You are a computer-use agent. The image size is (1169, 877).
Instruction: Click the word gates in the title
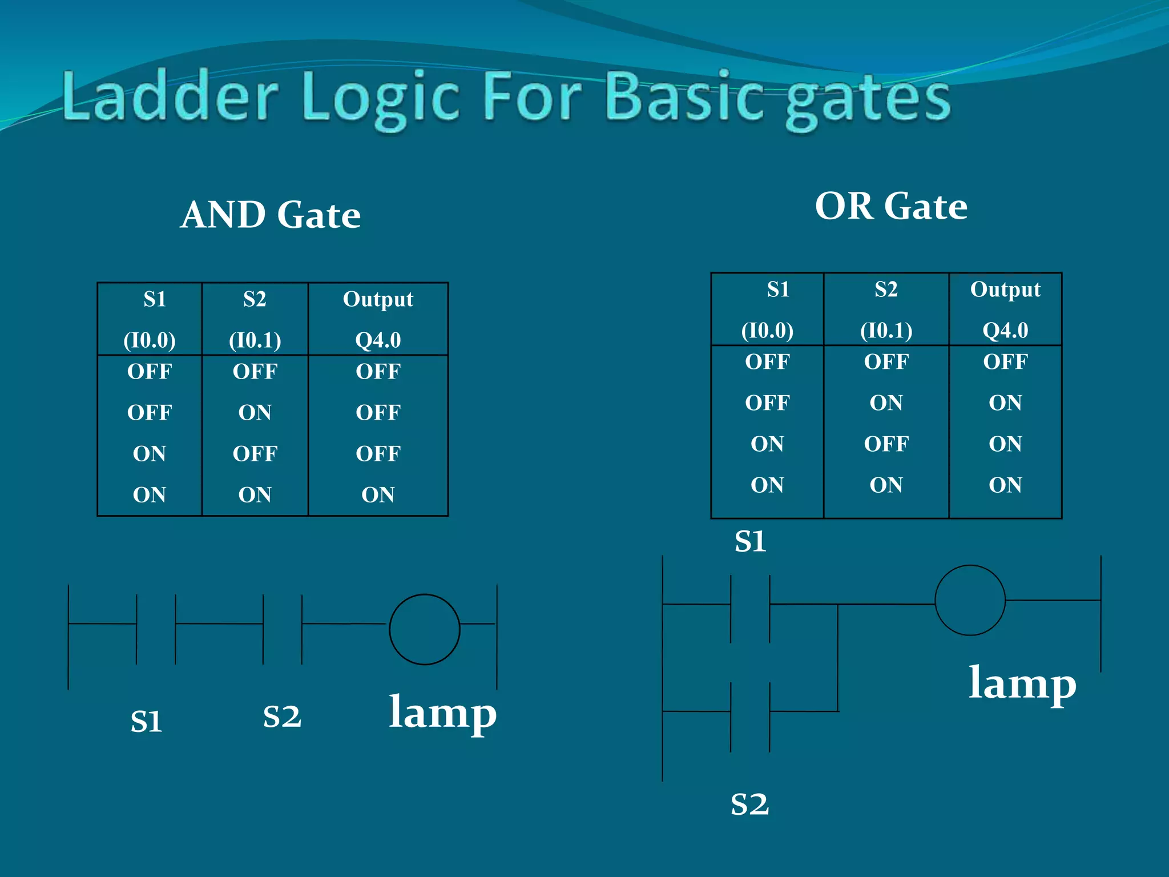coord(868,100)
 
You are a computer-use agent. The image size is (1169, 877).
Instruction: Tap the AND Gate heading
coord(271,215)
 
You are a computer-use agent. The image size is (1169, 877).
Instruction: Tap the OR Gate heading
coord(891,206)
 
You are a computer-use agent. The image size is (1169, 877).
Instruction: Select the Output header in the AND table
coord(378,299)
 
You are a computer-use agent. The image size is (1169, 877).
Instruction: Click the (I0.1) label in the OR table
coord(886,331)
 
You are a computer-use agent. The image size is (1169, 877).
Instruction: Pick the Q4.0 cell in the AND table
coord(378,340)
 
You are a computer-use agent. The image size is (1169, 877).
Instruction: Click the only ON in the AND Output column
coord(378,495)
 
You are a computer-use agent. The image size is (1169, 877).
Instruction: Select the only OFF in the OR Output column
coord(1005,362)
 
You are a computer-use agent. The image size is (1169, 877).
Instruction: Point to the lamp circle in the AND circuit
coord(424,629)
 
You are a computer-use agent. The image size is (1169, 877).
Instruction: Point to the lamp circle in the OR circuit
coord(970,600)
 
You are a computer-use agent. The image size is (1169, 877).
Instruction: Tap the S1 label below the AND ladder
coord(147,722)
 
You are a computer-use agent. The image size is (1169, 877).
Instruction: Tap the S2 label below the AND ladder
coord(282,717)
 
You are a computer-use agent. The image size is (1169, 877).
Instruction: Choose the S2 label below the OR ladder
coord(750,804)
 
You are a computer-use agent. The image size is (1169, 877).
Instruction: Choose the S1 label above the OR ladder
coord(750,541)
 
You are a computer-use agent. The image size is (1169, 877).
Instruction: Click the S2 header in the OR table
coord(886,289)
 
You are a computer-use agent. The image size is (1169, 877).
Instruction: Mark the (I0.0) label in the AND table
coord(150,340)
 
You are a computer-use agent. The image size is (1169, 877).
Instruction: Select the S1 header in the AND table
coord(155,299)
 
